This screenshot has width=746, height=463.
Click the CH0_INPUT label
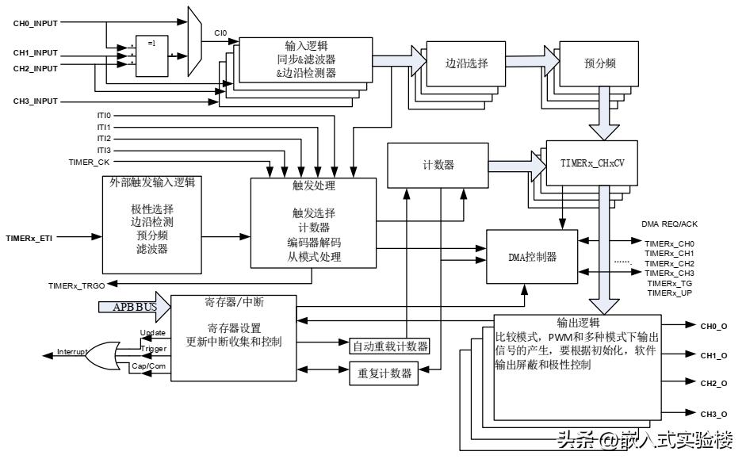click(x=36, y=24)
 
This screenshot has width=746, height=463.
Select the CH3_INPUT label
click(x=36, y=101)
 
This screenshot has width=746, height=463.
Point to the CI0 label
click(x=221, y=34)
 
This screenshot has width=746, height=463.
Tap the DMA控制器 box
click(x=532, y=256)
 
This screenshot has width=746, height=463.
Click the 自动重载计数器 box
click(x=389, y=346)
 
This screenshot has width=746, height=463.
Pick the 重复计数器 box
click(x=384, y=372)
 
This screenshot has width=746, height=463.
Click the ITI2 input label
click(x=104, y=138)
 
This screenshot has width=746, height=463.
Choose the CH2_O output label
click(x=713, y=384)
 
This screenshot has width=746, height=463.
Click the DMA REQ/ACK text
click(x=669, y=224)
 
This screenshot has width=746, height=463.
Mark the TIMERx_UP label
click(x=670, y=293)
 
